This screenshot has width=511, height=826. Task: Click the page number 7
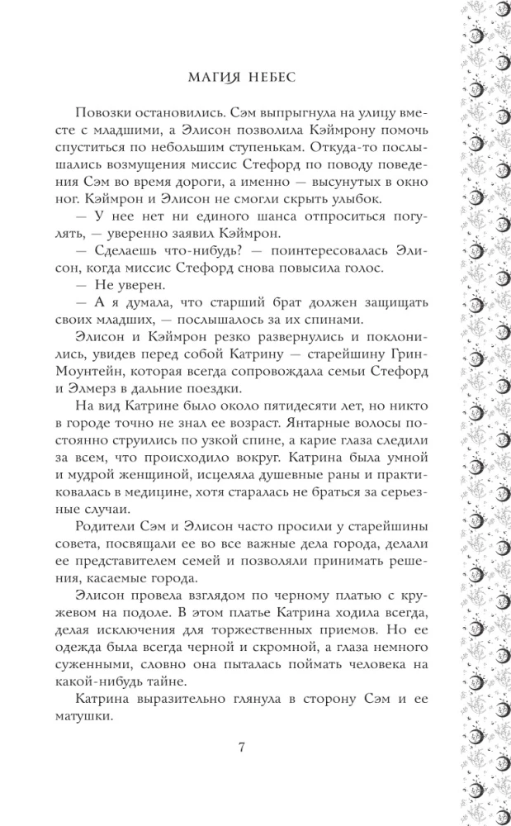241,748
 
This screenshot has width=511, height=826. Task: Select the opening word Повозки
125,113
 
